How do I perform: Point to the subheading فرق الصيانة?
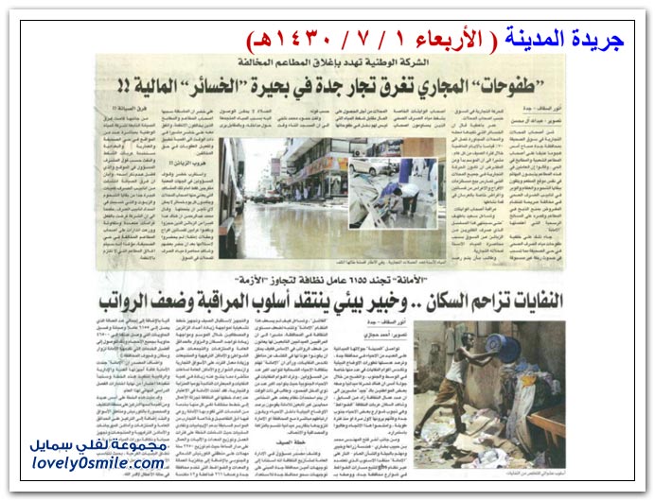point(123,111)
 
